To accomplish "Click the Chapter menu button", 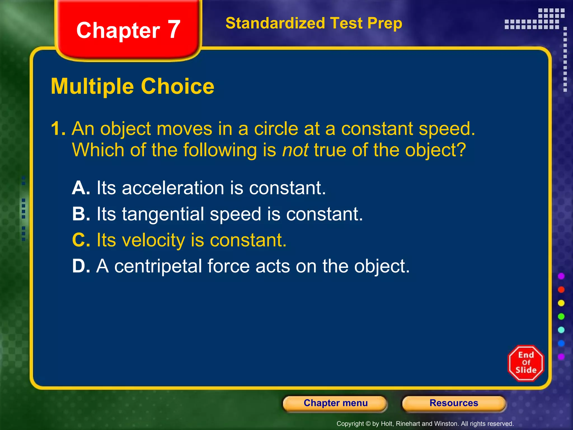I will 335,403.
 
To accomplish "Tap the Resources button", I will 454,403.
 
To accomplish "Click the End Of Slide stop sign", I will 526,363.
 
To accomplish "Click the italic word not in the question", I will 295,150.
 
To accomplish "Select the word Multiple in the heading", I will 92,87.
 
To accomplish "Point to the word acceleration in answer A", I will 173,188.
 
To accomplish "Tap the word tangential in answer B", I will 163,214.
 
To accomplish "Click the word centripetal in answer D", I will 158,266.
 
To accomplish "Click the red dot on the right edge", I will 561,290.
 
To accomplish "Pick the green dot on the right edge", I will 561,317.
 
